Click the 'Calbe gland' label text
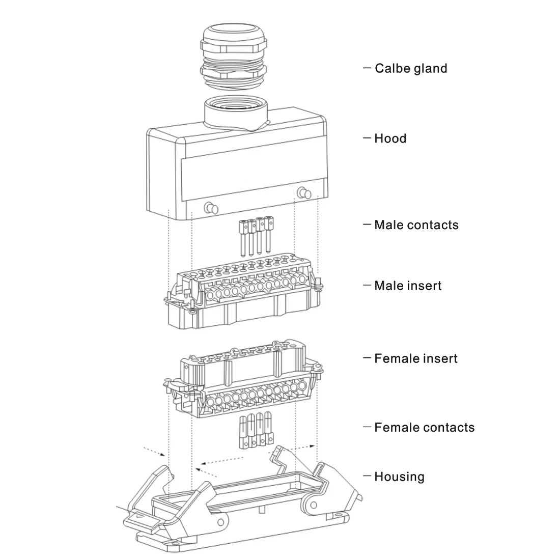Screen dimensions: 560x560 (x=410, y=68)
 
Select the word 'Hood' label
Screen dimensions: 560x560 (x=390, y=138)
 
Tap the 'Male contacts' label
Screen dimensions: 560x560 (x=416, y=225)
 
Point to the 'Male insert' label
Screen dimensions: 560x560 (x=407, y=286)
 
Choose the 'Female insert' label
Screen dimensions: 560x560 (x=415, y=358)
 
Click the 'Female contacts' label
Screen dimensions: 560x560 (x=424, y=428)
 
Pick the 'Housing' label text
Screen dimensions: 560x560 (x=399, y=477)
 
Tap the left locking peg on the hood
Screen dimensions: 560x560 (x=211, y=208)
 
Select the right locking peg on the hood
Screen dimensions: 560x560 (x=304, y=193)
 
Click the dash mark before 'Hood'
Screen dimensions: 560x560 (x=367, y=138)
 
